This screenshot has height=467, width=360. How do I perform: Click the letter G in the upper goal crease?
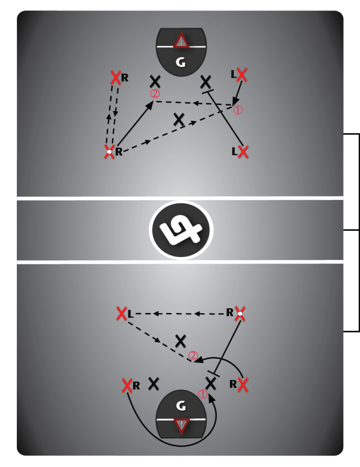(180, 62)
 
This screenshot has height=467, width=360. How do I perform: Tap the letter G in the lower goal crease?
(181, 406)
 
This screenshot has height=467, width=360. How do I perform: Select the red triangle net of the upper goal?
(181, 41)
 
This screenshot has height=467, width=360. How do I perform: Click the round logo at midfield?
(181, 230)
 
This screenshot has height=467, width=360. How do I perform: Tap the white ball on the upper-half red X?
(109, 152)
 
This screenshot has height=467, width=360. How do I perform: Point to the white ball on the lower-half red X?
(240, 314)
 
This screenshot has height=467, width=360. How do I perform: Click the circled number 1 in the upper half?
(238, 110)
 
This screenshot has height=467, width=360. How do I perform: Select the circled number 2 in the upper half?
(155, 94)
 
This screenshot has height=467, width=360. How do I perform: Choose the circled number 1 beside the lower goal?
(202, 394)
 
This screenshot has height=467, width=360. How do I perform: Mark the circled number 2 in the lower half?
(193, 355)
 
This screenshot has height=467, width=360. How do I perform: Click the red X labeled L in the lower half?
(122, 314)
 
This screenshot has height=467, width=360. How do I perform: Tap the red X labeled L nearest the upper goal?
(242, 74)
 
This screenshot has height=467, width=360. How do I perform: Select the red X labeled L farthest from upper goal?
(243, 152)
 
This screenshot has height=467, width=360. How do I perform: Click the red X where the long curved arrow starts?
(127, 386)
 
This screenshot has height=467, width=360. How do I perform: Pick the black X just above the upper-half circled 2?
(155, 81)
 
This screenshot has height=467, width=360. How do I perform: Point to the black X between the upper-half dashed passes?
(179, 119)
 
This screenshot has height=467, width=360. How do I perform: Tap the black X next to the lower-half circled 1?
(211, 383)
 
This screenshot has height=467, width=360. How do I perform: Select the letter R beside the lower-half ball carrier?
(230, 313)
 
